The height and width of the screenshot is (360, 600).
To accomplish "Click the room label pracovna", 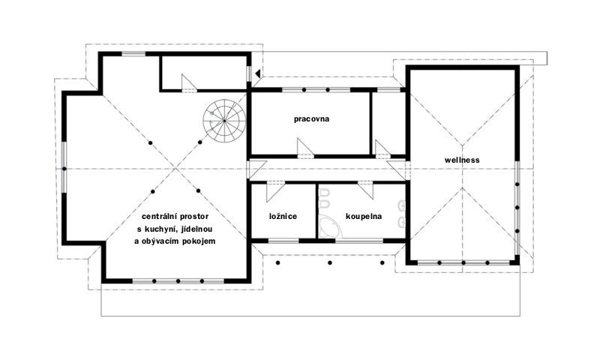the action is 311,119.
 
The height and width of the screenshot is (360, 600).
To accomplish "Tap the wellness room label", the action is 462,160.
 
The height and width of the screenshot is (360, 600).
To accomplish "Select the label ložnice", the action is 283,217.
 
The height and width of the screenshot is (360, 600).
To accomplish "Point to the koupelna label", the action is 364,217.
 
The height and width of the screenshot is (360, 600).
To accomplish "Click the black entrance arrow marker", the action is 258,73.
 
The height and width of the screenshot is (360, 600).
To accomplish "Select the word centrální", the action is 157,217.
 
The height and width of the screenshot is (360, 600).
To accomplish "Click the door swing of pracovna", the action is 305,148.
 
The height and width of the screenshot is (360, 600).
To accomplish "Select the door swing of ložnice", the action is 275,192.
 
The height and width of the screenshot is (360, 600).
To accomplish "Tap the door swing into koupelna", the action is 365,190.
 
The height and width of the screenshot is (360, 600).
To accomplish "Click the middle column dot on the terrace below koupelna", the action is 330,262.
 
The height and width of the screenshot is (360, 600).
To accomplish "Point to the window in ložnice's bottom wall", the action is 283,241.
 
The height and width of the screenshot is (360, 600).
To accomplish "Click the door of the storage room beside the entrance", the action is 189,83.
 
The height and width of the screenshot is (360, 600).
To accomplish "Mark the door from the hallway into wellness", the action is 397,169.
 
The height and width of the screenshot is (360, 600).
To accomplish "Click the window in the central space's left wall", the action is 64,168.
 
